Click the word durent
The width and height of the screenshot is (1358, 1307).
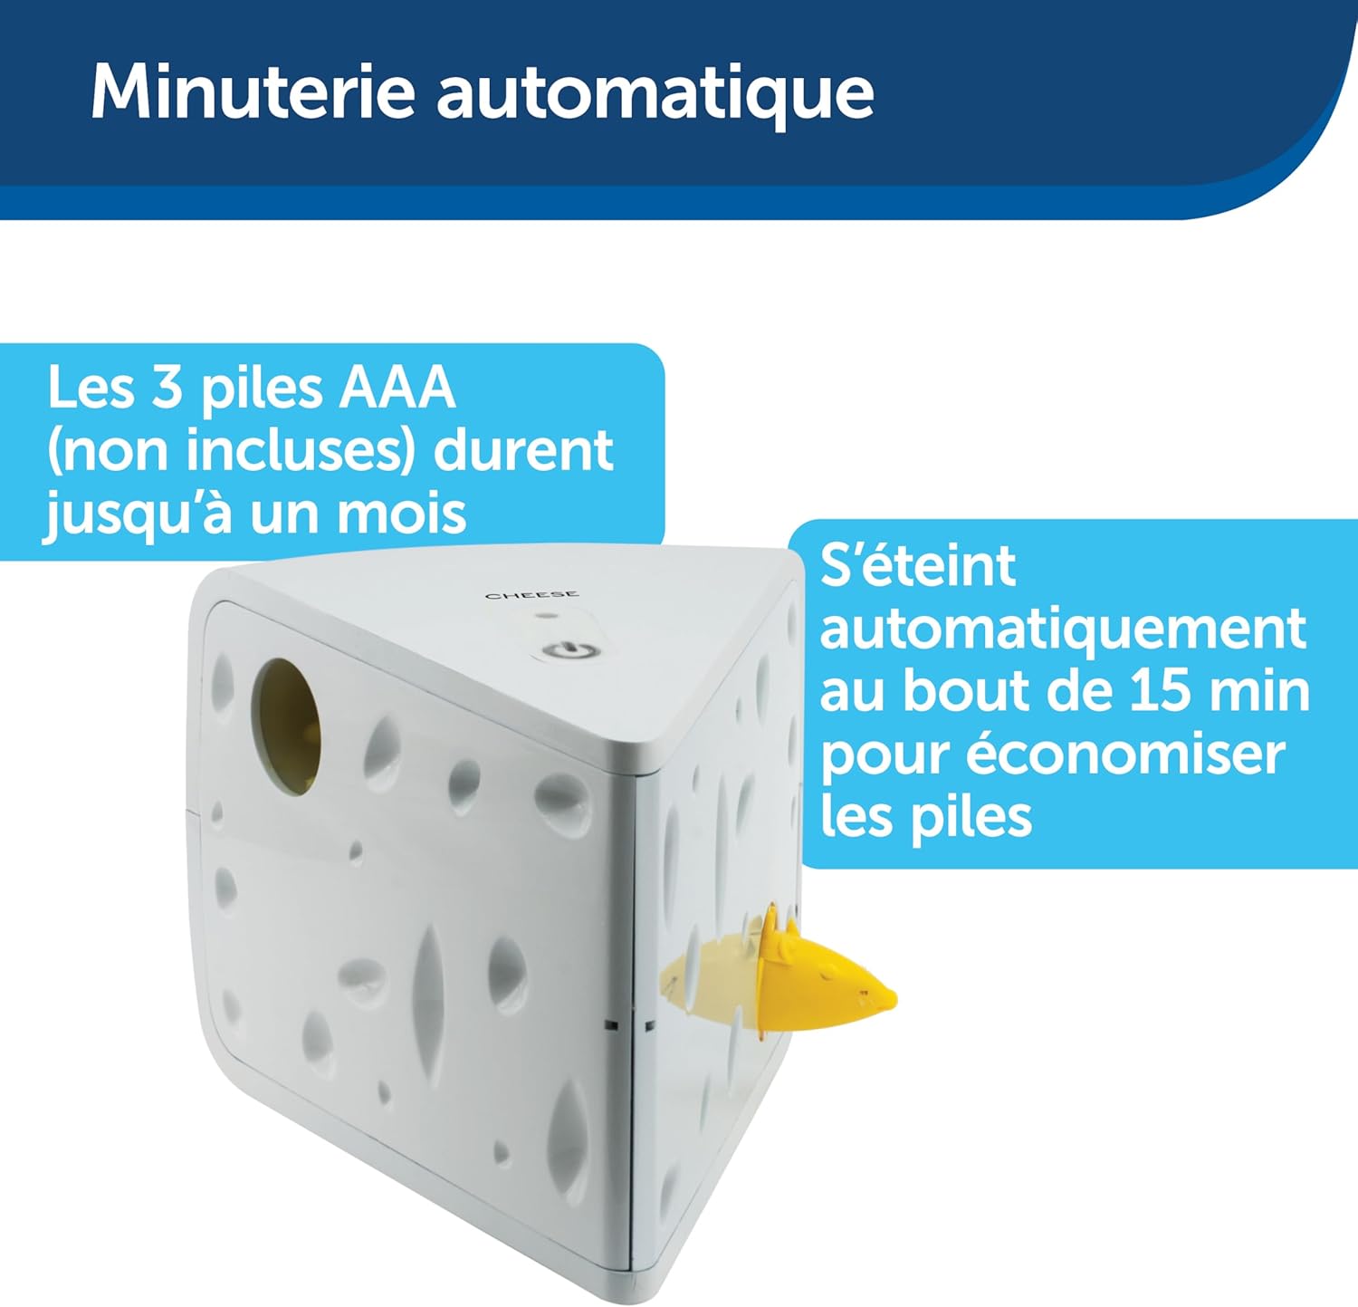(523, 450)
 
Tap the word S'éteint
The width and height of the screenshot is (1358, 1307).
(918, 565)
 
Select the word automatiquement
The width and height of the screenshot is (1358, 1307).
(1063, 629)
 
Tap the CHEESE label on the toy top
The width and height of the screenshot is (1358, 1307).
(532, 595)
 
